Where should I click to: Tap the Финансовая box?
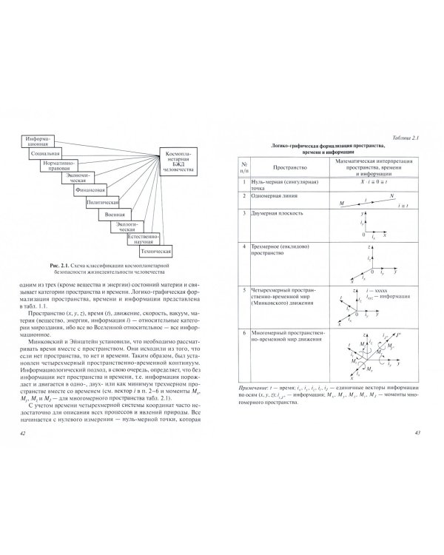[90, 189]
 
